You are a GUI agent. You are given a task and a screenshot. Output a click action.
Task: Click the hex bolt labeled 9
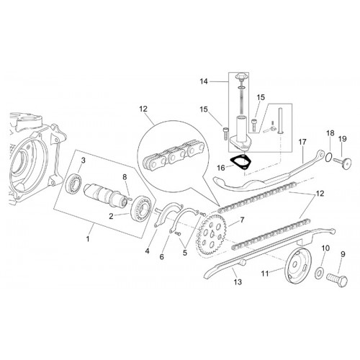tap(337, 280)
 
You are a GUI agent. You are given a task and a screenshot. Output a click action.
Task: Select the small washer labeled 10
tap(319, 273)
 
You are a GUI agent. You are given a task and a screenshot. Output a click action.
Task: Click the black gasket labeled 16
tap(240, 162)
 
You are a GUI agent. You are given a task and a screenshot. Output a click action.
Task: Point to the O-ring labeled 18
tap(329, 158)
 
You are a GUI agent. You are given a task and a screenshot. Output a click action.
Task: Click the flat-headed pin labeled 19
tap(343, 163)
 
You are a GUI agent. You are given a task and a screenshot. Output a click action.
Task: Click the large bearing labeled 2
tap(141, 207)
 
